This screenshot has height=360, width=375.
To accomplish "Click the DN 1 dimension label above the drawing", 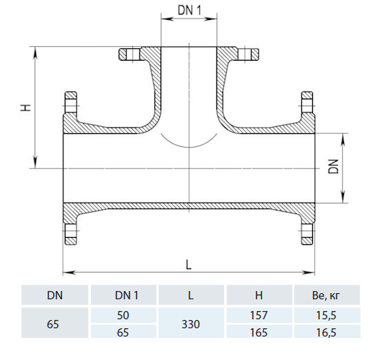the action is point(189,10).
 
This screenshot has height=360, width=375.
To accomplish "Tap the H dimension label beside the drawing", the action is point(26,108).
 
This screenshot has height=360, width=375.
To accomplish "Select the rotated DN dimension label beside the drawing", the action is point(334,166).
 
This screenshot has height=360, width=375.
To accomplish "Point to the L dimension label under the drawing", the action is point(189,265).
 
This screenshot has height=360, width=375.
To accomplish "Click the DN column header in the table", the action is point(54,295).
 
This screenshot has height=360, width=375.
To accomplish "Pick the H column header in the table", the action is point(259,295).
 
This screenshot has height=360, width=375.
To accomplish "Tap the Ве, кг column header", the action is point(326,296).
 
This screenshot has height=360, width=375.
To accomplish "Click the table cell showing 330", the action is point(191,324).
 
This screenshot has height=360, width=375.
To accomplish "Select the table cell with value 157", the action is point(259,315).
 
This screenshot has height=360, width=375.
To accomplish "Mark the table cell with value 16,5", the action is point(326,332).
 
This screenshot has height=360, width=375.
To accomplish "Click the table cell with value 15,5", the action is point(326,315).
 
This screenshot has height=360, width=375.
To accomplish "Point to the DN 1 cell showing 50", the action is point(123,315).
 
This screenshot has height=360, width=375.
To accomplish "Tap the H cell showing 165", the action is point(259,332).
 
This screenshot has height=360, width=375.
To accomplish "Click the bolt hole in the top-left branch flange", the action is point(133,54).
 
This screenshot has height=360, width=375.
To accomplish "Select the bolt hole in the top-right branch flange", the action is point(245,54).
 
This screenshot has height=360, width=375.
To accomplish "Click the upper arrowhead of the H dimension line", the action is point(35,52).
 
